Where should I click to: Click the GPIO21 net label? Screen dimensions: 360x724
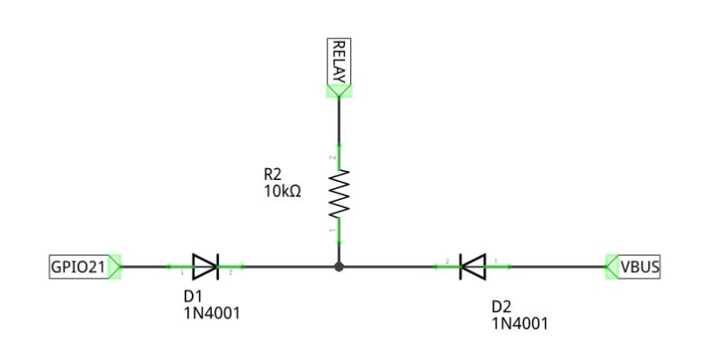(79, 267)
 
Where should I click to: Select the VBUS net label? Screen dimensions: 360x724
(638, 267)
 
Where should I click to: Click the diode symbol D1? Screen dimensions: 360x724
(206, 267)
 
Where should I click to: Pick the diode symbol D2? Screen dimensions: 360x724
(472, 267)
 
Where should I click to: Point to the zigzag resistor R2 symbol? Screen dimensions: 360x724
(338, 194)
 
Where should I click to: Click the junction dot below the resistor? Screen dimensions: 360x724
(338, 267)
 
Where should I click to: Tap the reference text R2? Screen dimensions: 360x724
(273, 175)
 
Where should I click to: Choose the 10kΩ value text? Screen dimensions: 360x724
(282, 192)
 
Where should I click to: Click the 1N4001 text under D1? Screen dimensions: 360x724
(212, 313)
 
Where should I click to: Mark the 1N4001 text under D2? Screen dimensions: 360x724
(520, 323)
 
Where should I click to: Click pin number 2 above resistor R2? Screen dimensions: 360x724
(332, 157)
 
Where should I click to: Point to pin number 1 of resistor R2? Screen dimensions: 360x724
(332, 232)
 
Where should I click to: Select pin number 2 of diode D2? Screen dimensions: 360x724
(448, 261)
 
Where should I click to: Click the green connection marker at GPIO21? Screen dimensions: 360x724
(115, 267)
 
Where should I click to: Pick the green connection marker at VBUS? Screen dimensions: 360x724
(612, 267)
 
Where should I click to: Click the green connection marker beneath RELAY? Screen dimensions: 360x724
(338, 90)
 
